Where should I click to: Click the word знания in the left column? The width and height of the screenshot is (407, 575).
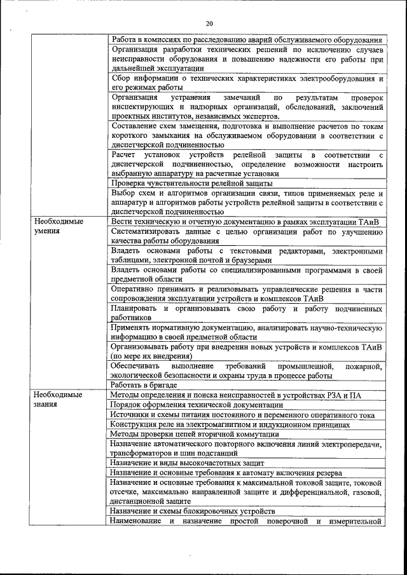[46, 404]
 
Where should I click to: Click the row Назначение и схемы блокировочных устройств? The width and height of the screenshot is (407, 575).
[192, 511]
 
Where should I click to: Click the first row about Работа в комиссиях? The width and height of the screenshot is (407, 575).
[245, 39]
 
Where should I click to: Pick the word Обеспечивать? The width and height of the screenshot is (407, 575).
[135, 366]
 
